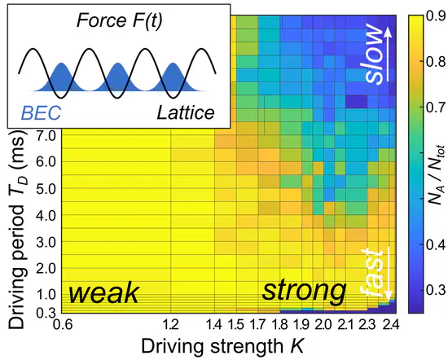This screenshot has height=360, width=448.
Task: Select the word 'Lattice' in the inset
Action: click(182, 112)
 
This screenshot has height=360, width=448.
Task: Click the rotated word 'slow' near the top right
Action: click(372, 54)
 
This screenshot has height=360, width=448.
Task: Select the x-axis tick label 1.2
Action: click(170, 326)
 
